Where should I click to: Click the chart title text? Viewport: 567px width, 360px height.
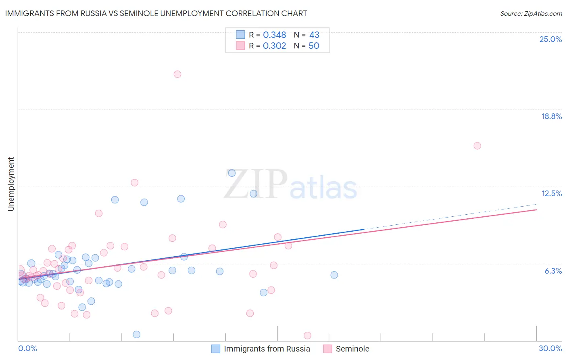156,13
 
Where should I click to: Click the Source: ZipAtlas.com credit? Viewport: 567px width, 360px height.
531,13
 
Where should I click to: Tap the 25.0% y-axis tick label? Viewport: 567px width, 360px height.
550,39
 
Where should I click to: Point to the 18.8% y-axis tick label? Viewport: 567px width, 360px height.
551,116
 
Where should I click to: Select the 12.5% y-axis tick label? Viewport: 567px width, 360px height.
551,193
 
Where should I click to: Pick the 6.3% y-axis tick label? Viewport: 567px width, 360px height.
553,271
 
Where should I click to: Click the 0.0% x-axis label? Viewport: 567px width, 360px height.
27,348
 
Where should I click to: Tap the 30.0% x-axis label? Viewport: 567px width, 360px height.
550,348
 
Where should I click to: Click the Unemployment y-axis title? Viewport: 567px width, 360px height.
11,184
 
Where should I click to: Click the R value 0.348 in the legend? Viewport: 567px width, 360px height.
274,35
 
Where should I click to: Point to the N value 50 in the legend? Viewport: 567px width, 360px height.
314,46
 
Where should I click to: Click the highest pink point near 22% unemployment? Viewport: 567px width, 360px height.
177,74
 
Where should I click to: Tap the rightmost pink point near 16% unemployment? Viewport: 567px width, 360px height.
477,146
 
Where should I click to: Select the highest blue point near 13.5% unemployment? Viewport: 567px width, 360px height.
232,173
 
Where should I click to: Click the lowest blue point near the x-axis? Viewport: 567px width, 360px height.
137,334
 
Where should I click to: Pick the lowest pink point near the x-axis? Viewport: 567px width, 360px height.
307,335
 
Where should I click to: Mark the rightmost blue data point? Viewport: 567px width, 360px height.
334,275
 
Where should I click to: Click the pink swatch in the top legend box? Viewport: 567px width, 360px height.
240,46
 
